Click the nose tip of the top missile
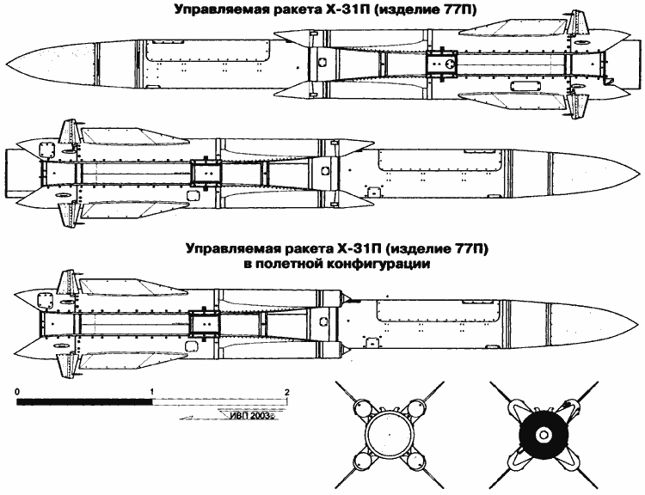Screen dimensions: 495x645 pyautogui.click(x=7, y=66)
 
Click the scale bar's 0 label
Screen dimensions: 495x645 pyautogui.click(x=17, y=391)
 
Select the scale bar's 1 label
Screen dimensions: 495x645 pyautogui.click(x=153, y=391)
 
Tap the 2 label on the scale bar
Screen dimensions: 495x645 pyautogui.click(x=287, y=391)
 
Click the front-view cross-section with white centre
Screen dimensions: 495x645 pyautogui.click(x=385, y=435)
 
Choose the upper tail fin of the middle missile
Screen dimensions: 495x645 pyautogui.click(x=67, y=131)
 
